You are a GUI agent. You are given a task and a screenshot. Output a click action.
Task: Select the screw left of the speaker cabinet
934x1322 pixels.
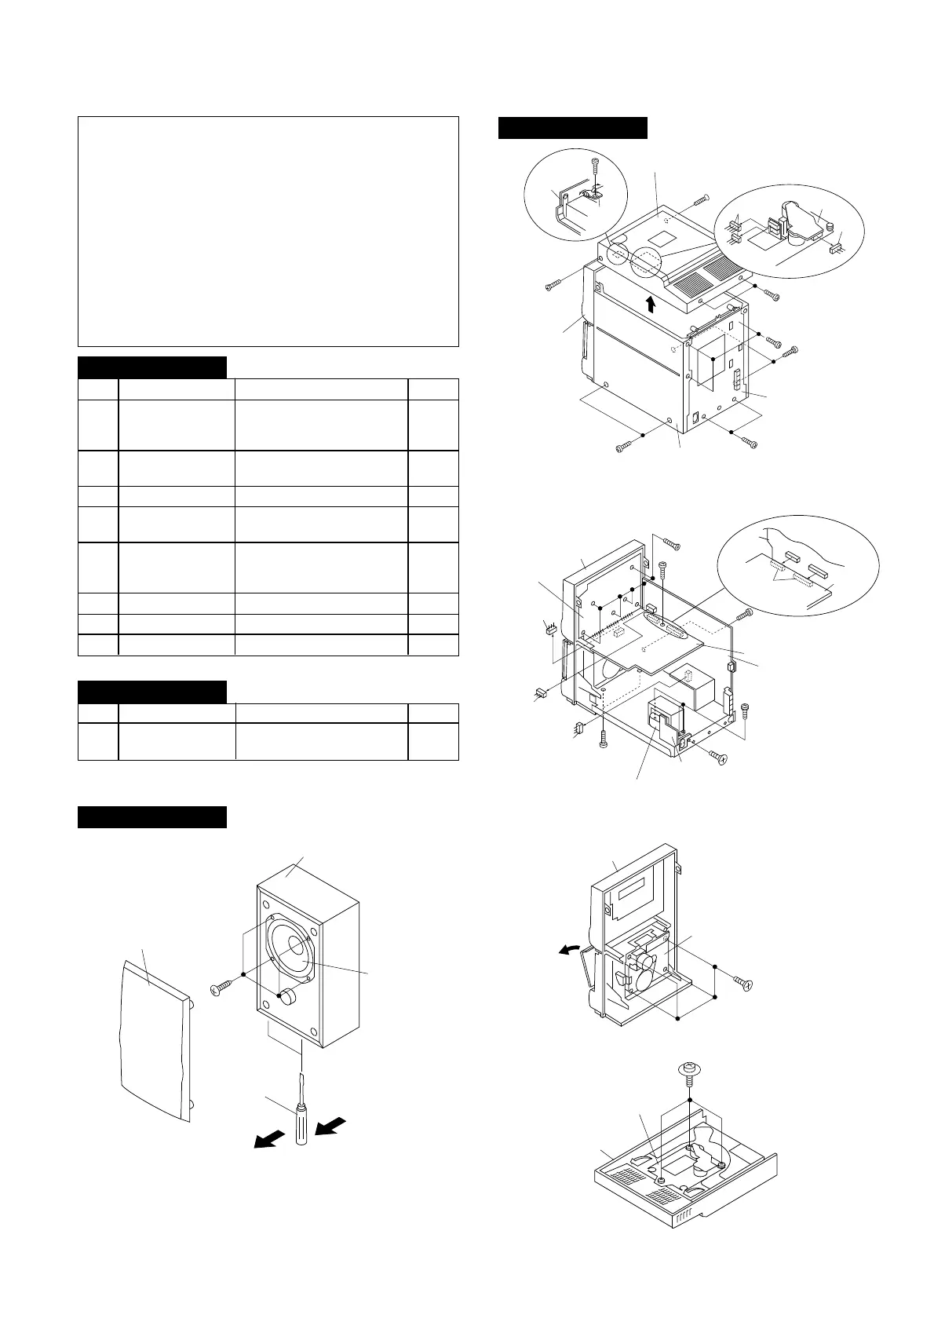coord(221,984)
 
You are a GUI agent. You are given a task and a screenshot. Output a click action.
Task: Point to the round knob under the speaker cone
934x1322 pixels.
coord(287,997)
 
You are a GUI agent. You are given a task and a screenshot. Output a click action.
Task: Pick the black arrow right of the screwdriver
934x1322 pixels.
coord(330,1127)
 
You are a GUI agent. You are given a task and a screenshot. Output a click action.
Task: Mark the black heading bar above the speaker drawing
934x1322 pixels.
coord(152,816)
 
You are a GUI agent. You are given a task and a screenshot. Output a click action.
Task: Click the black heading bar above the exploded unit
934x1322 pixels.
coord(573,128)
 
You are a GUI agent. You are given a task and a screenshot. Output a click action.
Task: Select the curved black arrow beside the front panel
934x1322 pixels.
coord(567,951)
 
